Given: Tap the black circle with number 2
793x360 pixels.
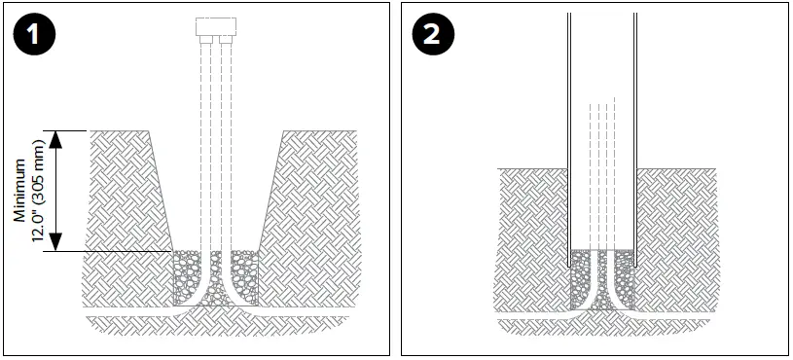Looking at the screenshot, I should pos(432,38).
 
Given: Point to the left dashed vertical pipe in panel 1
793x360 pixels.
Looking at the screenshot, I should pos(204,146).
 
